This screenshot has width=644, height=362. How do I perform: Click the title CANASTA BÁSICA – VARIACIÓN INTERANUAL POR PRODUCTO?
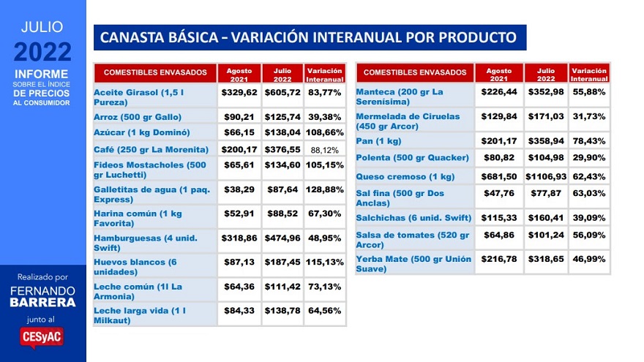[309, 37]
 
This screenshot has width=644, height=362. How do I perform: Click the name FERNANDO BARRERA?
[42, 295]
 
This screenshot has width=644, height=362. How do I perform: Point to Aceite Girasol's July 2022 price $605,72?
[282, 93]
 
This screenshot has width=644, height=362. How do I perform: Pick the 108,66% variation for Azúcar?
[325, 132]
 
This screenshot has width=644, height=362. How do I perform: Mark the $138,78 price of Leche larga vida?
[282, 311]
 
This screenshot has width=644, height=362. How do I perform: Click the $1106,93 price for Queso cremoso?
[545, 176]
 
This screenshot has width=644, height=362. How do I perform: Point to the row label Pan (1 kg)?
[378, 140]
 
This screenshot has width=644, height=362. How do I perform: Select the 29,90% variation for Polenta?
[589, 158]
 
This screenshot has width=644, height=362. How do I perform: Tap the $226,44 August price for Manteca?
[498, 92]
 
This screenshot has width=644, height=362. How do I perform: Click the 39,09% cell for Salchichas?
[589, 217]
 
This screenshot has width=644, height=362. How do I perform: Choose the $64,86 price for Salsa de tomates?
[498, 235]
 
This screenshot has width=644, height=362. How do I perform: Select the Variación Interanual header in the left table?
[325, 74]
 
